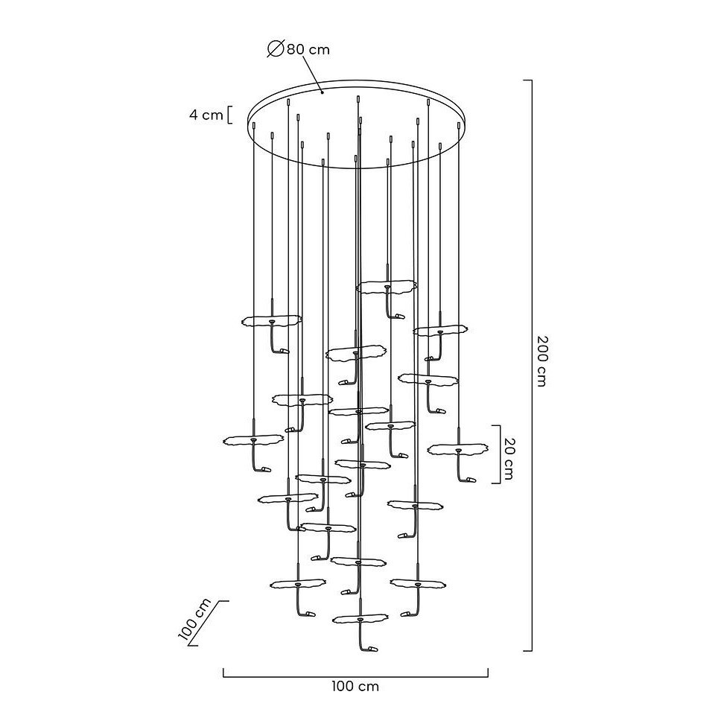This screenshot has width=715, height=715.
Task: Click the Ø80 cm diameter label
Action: pos(298,49)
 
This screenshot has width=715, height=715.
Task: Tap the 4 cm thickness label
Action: pos(206,115)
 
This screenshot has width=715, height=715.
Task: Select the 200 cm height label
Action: pos(541,361)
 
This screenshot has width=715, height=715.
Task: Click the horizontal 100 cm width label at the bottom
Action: pos(355,686)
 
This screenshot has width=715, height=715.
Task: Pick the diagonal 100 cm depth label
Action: pos(194,620)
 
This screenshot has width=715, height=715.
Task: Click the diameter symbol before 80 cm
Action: pos(276,49)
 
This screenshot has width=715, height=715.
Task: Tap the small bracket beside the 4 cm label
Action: pos(229,115)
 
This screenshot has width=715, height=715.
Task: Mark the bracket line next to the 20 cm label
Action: pos(498,454)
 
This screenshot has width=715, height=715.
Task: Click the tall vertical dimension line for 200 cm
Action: pos(531,365)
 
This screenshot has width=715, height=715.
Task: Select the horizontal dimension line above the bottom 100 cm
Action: pos(356,676)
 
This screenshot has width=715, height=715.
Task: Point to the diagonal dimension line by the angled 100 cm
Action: pos(209,623)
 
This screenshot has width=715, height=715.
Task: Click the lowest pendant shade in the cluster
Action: pos(360,619)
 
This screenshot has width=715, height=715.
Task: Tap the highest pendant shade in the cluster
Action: pos(387,287)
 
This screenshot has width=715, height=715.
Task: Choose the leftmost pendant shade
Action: pos(253,440)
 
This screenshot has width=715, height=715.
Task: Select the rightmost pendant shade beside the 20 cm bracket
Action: pos(457,450)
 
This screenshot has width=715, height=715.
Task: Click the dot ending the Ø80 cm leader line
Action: pos(322,92)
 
